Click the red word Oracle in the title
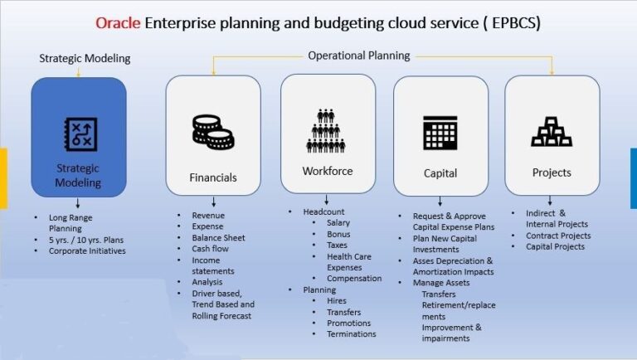click(x=118, y=22)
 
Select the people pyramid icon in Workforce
click(x=327, y=129)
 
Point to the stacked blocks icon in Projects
click(x=552, y=132)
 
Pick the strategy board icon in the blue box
click(x=80, y=134)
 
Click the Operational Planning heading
click(x=359, y=56)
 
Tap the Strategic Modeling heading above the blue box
click(x=85, y=58)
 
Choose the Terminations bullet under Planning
click(x=352, y=334)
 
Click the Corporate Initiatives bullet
click(x=87, y=251)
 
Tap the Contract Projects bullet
click(x=558, y=236)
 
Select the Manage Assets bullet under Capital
click(x=453, y=283)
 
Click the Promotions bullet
click(x=349, y=323)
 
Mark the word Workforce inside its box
click(x=328, y=171)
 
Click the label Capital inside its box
click(x=440, y=173)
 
